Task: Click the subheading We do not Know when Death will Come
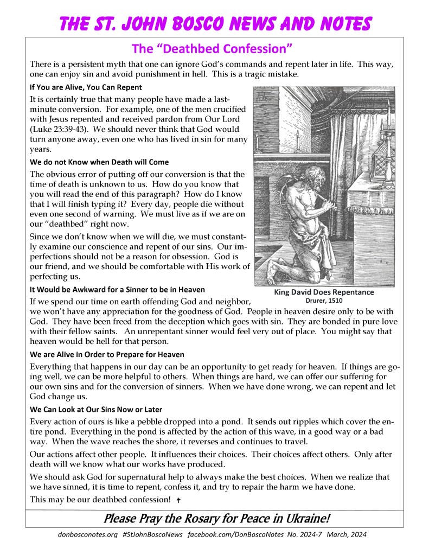[99, 162]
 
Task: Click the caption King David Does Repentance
[324, 292]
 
